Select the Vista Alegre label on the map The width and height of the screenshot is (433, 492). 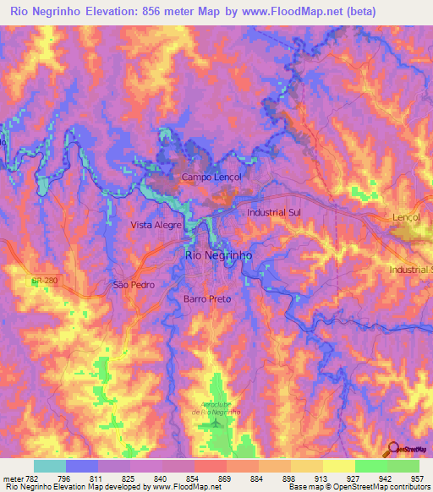[156, 226]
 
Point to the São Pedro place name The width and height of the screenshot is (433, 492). [134, 285]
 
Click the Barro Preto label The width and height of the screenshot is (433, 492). [207, 299]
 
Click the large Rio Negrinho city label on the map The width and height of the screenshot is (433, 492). [218, 254]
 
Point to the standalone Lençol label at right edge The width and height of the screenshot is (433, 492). [407, 217]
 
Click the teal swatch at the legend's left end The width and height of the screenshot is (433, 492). [50, 466]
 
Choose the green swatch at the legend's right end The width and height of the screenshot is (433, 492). [403, 466]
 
